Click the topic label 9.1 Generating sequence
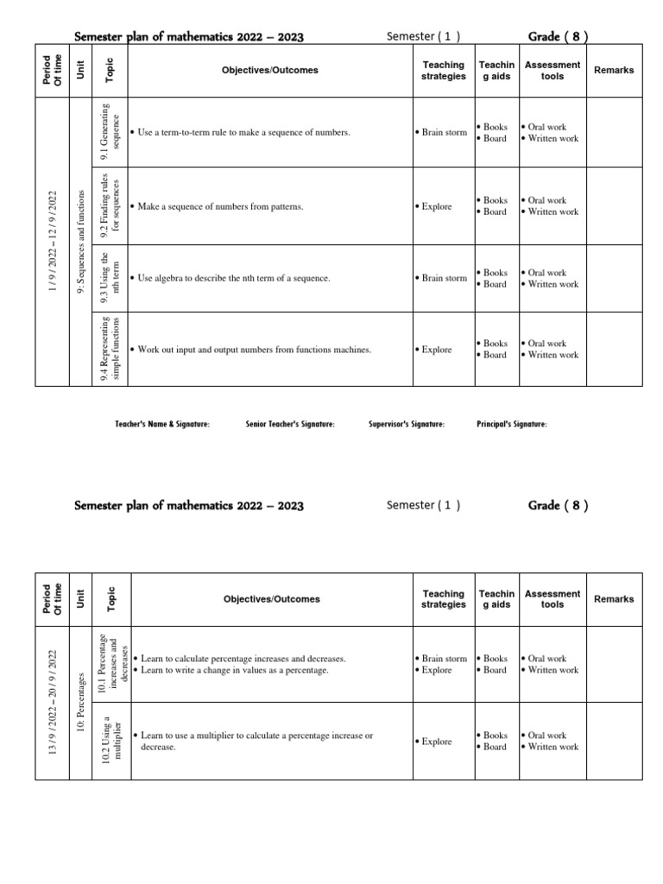(111, 132)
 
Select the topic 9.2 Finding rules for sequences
(111, 206)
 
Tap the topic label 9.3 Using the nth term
(111, 278)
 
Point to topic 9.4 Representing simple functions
(111, 349)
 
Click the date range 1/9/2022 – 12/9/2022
(54, 241)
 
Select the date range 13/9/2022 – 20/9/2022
(54, 702)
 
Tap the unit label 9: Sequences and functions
(80, 241)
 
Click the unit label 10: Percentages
(80, 703)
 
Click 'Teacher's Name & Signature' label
(162, 424)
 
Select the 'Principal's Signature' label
(511, 424)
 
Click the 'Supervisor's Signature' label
(407, 424)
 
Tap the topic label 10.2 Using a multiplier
(111, 741)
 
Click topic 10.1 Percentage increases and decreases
(111, 664)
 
